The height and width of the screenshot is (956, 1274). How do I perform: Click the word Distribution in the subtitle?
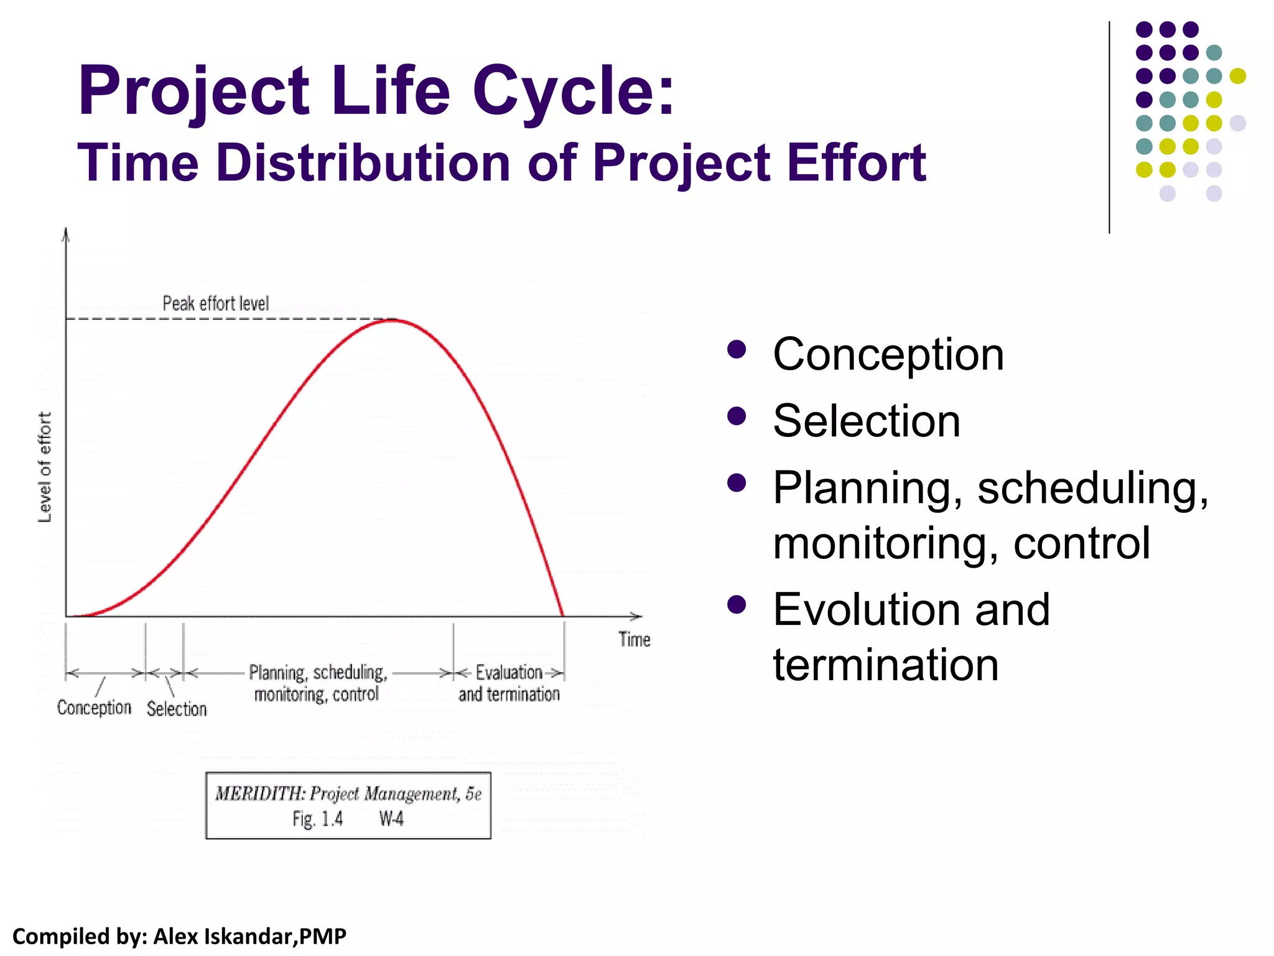[x=363, y=162]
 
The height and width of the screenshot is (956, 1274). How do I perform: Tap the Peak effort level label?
[x=215, y=304]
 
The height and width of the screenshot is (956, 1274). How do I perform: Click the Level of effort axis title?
[x=45, y=467]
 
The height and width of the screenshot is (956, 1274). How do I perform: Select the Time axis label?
[x=634, y=639]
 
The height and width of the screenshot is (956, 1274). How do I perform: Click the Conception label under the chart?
[x=94, y=708]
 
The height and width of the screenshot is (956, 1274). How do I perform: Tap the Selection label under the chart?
[x=177, y=709]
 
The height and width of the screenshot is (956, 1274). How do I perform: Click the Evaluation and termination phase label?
[x=509, y=683]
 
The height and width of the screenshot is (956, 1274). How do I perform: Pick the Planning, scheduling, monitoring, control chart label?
[x=317, y=683]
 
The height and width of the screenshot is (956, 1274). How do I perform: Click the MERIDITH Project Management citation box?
[x=348, y=805]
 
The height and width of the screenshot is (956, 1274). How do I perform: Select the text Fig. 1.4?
[x=317, y=819]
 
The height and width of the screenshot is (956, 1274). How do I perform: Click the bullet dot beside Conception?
[x=737, y=350]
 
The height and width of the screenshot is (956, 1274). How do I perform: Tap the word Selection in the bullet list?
[x=866, y=421]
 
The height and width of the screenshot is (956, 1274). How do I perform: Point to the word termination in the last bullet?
[x=885, y=665]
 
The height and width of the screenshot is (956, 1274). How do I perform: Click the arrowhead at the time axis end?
[x=637, y=616]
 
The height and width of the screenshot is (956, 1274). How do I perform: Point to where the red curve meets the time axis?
[x=562, y=616]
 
